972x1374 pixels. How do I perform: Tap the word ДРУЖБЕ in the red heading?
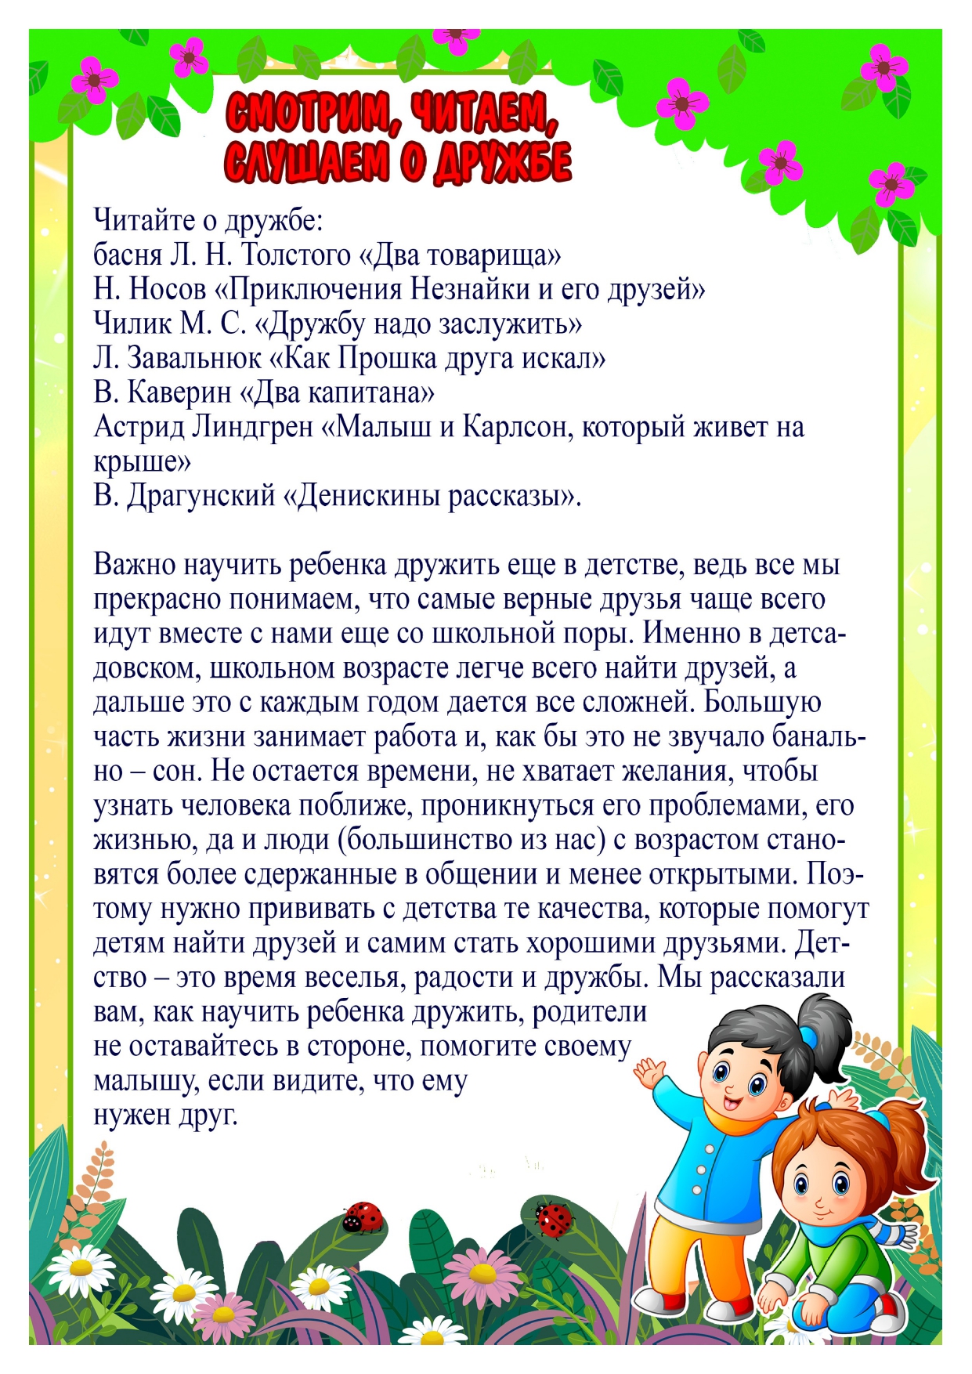coord(500,163)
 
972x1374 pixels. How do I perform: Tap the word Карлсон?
coord(507,427)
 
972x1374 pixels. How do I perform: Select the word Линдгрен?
coord(252,427)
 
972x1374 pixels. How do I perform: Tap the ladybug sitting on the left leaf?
coord(363,1217)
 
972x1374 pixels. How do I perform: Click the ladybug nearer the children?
coord(554,1218)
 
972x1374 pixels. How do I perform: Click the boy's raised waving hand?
coord(649,1072)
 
